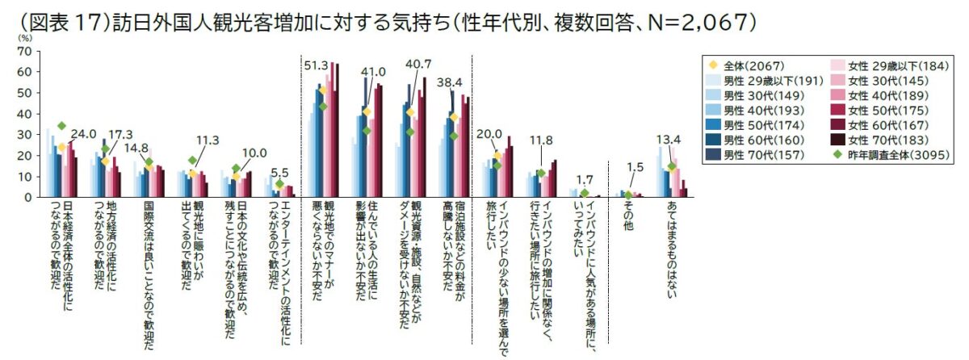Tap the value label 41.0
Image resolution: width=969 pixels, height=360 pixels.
coord(373,72)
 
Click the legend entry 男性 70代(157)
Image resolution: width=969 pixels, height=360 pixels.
coord(756,154)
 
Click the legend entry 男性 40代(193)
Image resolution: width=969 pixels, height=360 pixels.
coord(756,110)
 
